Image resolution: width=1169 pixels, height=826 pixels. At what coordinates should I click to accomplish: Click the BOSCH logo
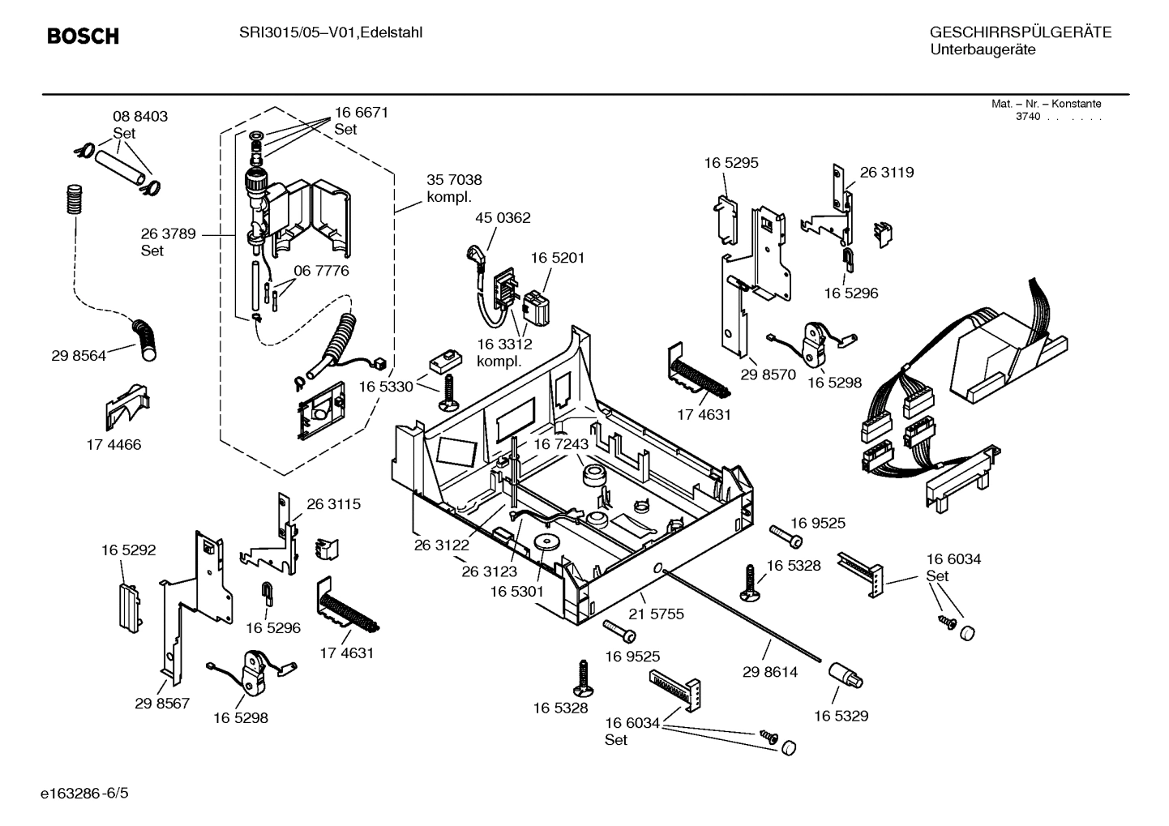83,36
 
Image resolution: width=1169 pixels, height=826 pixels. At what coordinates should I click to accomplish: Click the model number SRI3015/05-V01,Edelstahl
330,32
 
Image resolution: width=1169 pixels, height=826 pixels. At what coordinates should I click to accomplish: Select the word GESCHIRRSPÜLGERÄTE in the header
1020,32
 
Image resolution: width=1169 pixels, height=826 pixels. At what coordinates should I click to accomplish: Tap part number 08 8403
140,117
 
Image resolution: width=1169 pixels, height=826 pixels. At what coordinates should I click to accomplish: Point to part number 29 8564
79,355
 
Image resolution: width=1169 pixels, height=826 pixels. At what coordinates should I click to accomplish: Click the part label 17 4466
113,444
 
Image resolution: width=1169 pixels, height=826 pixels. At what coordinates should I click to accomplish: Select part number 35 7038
454,180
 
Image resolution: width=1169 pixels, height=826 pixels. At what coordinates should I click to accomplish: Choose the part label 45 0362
503,218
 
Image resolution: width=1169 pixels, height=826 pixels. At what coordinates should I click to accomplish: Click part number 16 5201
558,258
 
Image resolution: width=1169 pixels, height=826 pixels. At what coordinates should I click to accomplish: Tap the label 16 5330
386,387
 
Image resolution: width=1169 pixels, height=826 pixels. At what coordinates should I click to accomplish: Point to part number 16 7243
560,444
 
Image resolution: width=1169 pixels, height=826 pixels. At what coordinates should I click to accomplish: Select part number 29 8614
770,672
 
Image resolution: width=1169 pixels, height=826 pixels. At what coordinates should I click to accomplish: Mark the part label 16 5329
841,716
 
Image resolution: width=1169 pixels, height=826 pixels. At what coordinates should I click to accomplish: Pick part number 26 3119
886,172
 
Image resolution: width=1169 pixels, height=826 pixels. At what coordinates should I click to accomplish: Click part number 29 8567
162,703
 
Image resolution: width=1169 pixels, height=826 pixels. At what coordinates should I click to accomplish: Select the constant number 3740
1028,117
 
